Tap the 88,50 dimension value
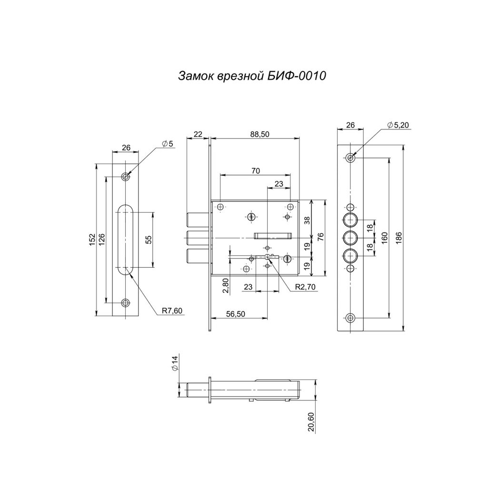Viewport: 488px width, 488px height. (259, 135)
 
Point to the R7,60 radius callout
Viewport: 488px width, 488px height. (172, 311)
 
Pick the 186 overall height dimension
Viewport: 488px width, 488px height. (398, 237)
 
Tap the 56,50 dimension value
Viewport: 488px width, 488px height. (235, 314)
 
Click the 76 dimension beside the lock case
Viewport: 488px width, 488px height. (321, 237)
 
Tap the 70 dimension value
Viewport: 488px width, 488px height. (256, 171)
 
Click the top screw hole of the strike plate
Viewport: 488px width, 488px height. (126, 177)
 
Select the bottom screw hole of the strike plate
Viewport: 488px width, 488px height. (126, 302)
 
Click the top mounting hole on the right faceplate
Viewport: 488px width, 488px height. (350, 158)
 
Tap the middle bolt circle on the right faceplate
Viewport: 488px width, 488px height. (350, 237)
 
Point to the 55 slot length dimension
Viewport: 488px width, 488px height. (148, 239)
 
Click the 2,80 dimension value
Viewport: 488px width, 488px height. (225, 285)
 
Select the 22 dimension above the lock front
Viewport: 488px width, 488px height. (198, 135)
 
